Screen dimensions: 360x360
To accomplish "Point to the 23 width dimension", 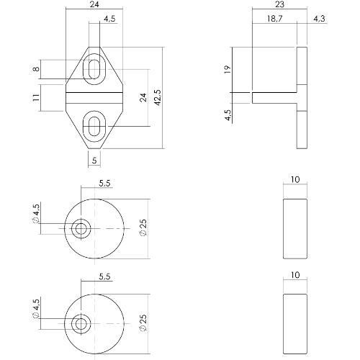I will click(280, 5).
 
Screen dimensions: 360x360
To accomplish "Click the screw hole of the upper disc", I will click(80, 230).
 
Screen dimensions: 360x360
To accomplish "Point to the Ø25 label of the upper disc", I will click(143, 230).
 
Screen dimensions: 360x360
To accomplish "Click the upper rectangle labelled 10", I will click(294, 229).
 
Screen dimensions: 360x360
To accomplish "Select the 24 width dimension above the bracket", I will click(94, 5).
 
